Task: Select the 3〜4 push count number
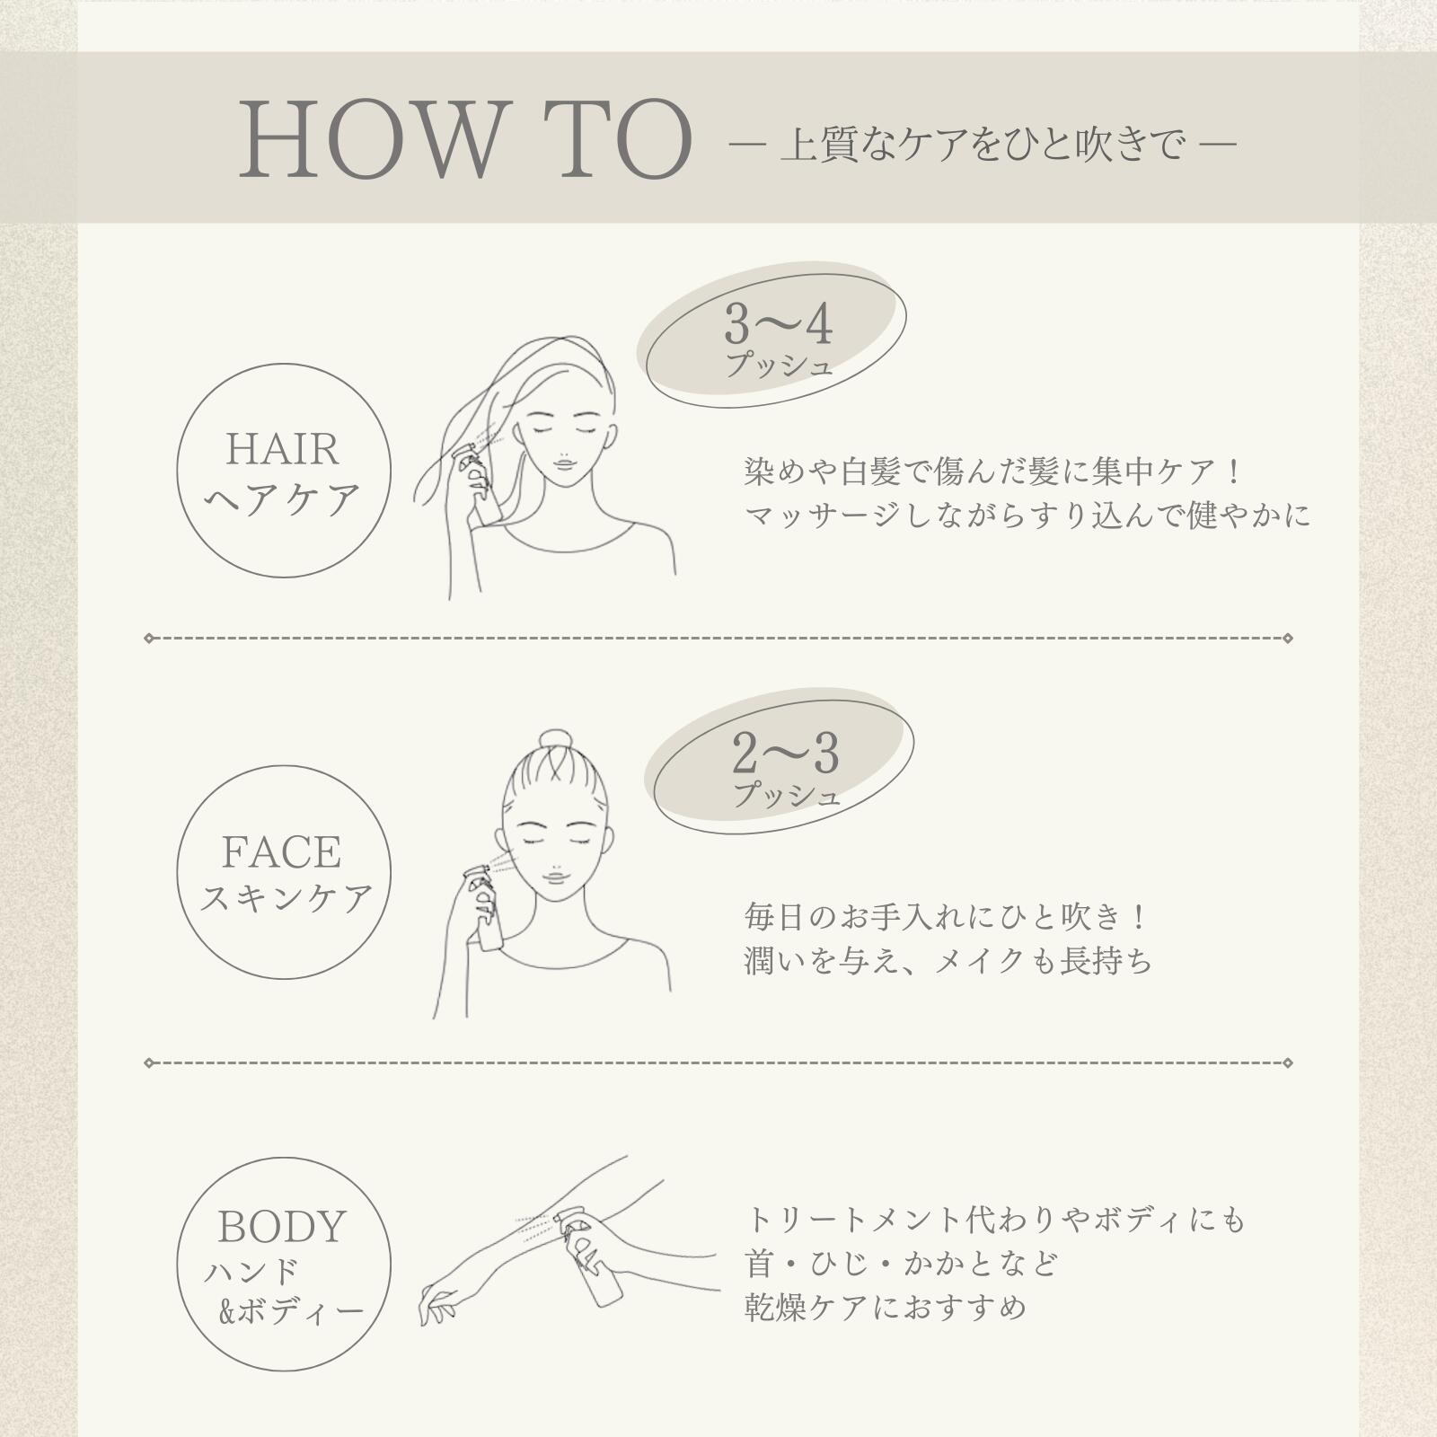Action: click(x=778, y=324)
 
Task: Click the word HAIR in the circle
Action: click(x=282, y=449)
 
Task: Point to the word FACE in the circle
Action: click(x=281, y=852)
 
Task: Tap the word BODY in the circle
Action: click(x=282, y=1227)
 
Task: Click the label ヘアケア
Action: click(x=283, y=499)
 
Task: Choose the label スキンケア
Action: click(x=285, y=898)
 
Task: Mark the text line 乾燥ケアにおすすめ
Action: click(x=885, y=1307)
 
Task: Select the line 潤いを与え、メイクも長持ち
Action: click(x=948, y=962)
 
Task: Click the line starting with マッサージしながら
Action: click(x=1027, y=516)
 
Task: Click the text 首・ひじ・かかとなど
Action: click(x=901, y=1264)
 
